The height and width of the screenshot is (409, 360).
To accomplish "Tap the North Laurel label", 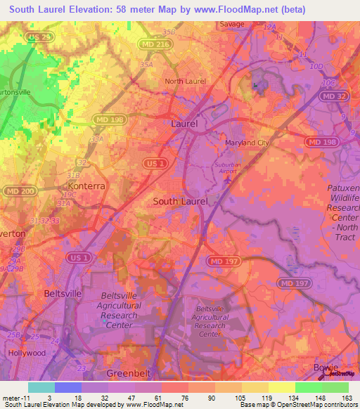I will click(185, 82).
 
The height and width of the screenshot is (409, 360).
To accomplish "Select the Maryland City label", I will click(247, 143).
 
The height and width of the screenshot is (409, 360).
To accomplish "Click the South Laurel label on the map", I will click(181, 201).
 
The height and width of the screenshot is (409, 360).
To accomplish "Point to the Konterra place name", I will click(86, 187).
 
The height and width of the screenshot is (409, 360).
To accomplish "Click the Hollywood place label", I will click(26, 353).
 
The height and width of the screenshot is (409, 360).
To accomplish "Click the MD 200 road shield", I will click(15, 191).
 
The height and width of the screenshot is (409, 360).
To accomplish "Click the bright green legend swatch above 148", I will click(308, 387).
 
